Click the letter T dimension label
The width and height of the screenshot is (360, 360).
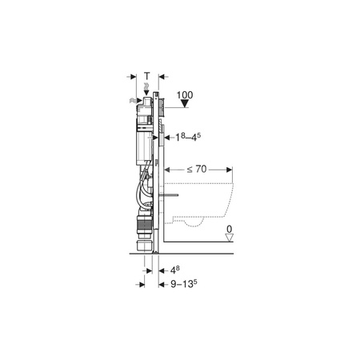point(147,76)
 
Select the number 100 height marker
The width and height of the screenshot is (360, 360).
point(185,95)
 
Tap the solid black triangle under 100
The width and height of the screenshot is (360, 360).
point(185,103)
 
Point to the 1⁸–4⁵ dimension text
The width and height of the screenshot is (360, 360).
point(188,137)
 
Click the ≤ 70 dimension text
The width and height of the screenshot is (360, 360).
point(197,169)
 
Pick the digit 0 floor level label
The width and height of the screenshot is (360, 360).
point(229,229)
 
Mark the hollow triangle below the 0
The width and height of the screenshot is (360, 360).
point(229,238)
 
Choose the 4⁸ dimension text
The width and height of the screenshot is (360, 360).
point(175,270)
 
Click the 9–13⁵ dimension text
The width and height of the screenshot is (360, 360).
point(184,284)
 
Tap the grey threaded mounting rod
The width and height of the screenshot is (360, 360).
point(170,195)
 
